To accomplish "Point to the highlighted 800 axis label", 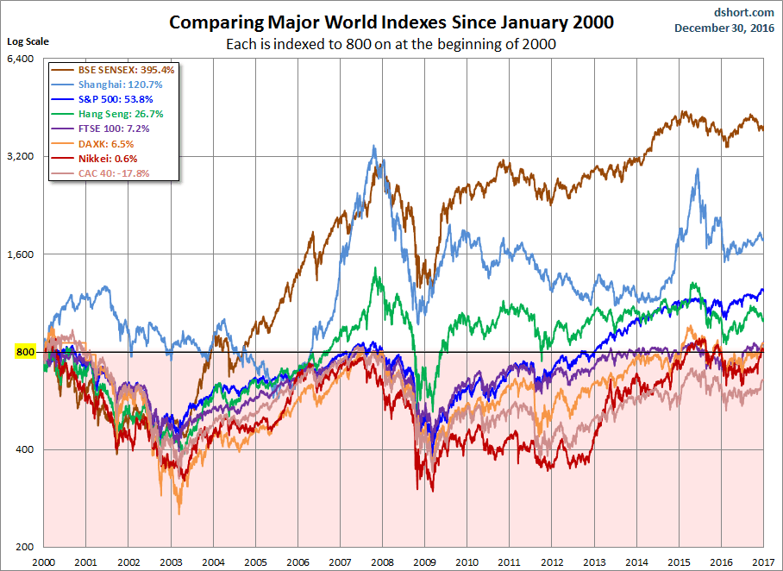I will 24,352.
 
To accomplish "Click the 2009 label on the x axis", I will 424,562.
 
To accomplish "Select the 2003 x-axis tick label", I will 170,562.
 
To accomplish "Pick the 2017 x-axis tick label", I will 762,562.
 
